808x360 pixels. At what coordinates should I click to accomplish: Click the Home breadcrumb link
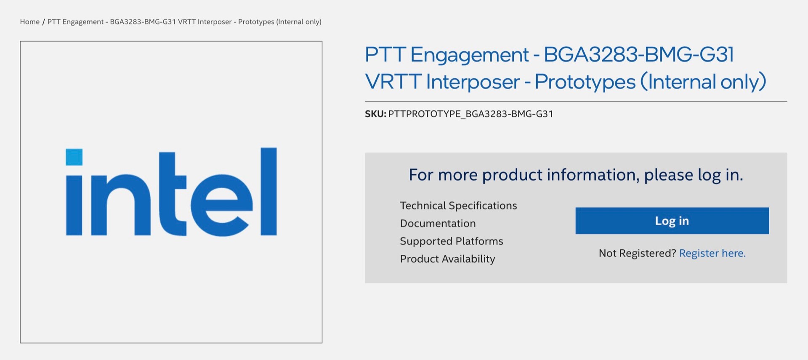click(x=29, y=22)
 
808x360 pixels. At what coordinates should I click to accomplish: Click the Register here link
click(x=712, y=253)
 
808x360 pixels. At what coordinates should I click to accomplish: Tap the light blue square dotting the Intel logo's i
click(x=74, y=157)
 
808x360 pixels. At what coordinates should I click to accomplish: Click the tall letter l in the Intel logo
click(x=268, y=191)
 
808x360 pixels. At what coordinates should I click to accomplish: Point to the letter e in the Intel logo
click(x=222, y=205)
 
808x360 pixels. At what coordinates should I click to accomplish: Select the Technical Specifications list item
click(x=458, y=205)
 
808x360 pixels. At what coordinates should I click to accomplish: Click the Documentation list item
click(x=438, y=223)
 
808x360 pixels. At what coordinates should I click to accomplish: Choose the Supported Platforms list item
click(x=452, y=241)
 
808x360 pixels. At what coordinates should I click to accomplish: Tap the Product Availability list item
click(x=447, y=259)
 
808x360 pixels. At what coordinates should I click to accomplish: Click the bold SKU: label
click(x=375, y=114)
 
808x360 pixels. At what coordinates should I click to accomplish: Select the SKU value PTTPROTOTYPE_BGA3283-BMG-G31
click(x=470, y=114)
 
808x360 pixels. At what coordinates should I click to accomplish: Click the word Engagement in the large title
click(x=469, y=55)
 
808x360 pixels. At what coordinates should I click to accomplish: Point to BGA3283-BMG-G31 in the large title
click(x=639, y=54)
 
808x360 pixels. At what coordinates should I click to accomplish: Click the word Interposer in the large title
click(x=473, y=82)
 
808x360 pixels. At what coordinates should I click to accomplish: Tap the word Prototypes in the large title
click(x=585, y=82)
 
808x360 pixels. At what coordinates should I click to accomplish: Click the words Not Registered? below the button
click(x=637, y=253)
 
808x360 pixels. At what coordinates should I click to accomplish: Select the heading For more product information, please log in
click(x=576, y=175)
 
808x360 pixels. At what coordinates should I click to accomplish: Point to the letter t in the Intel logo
click(x=173, y=194)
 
